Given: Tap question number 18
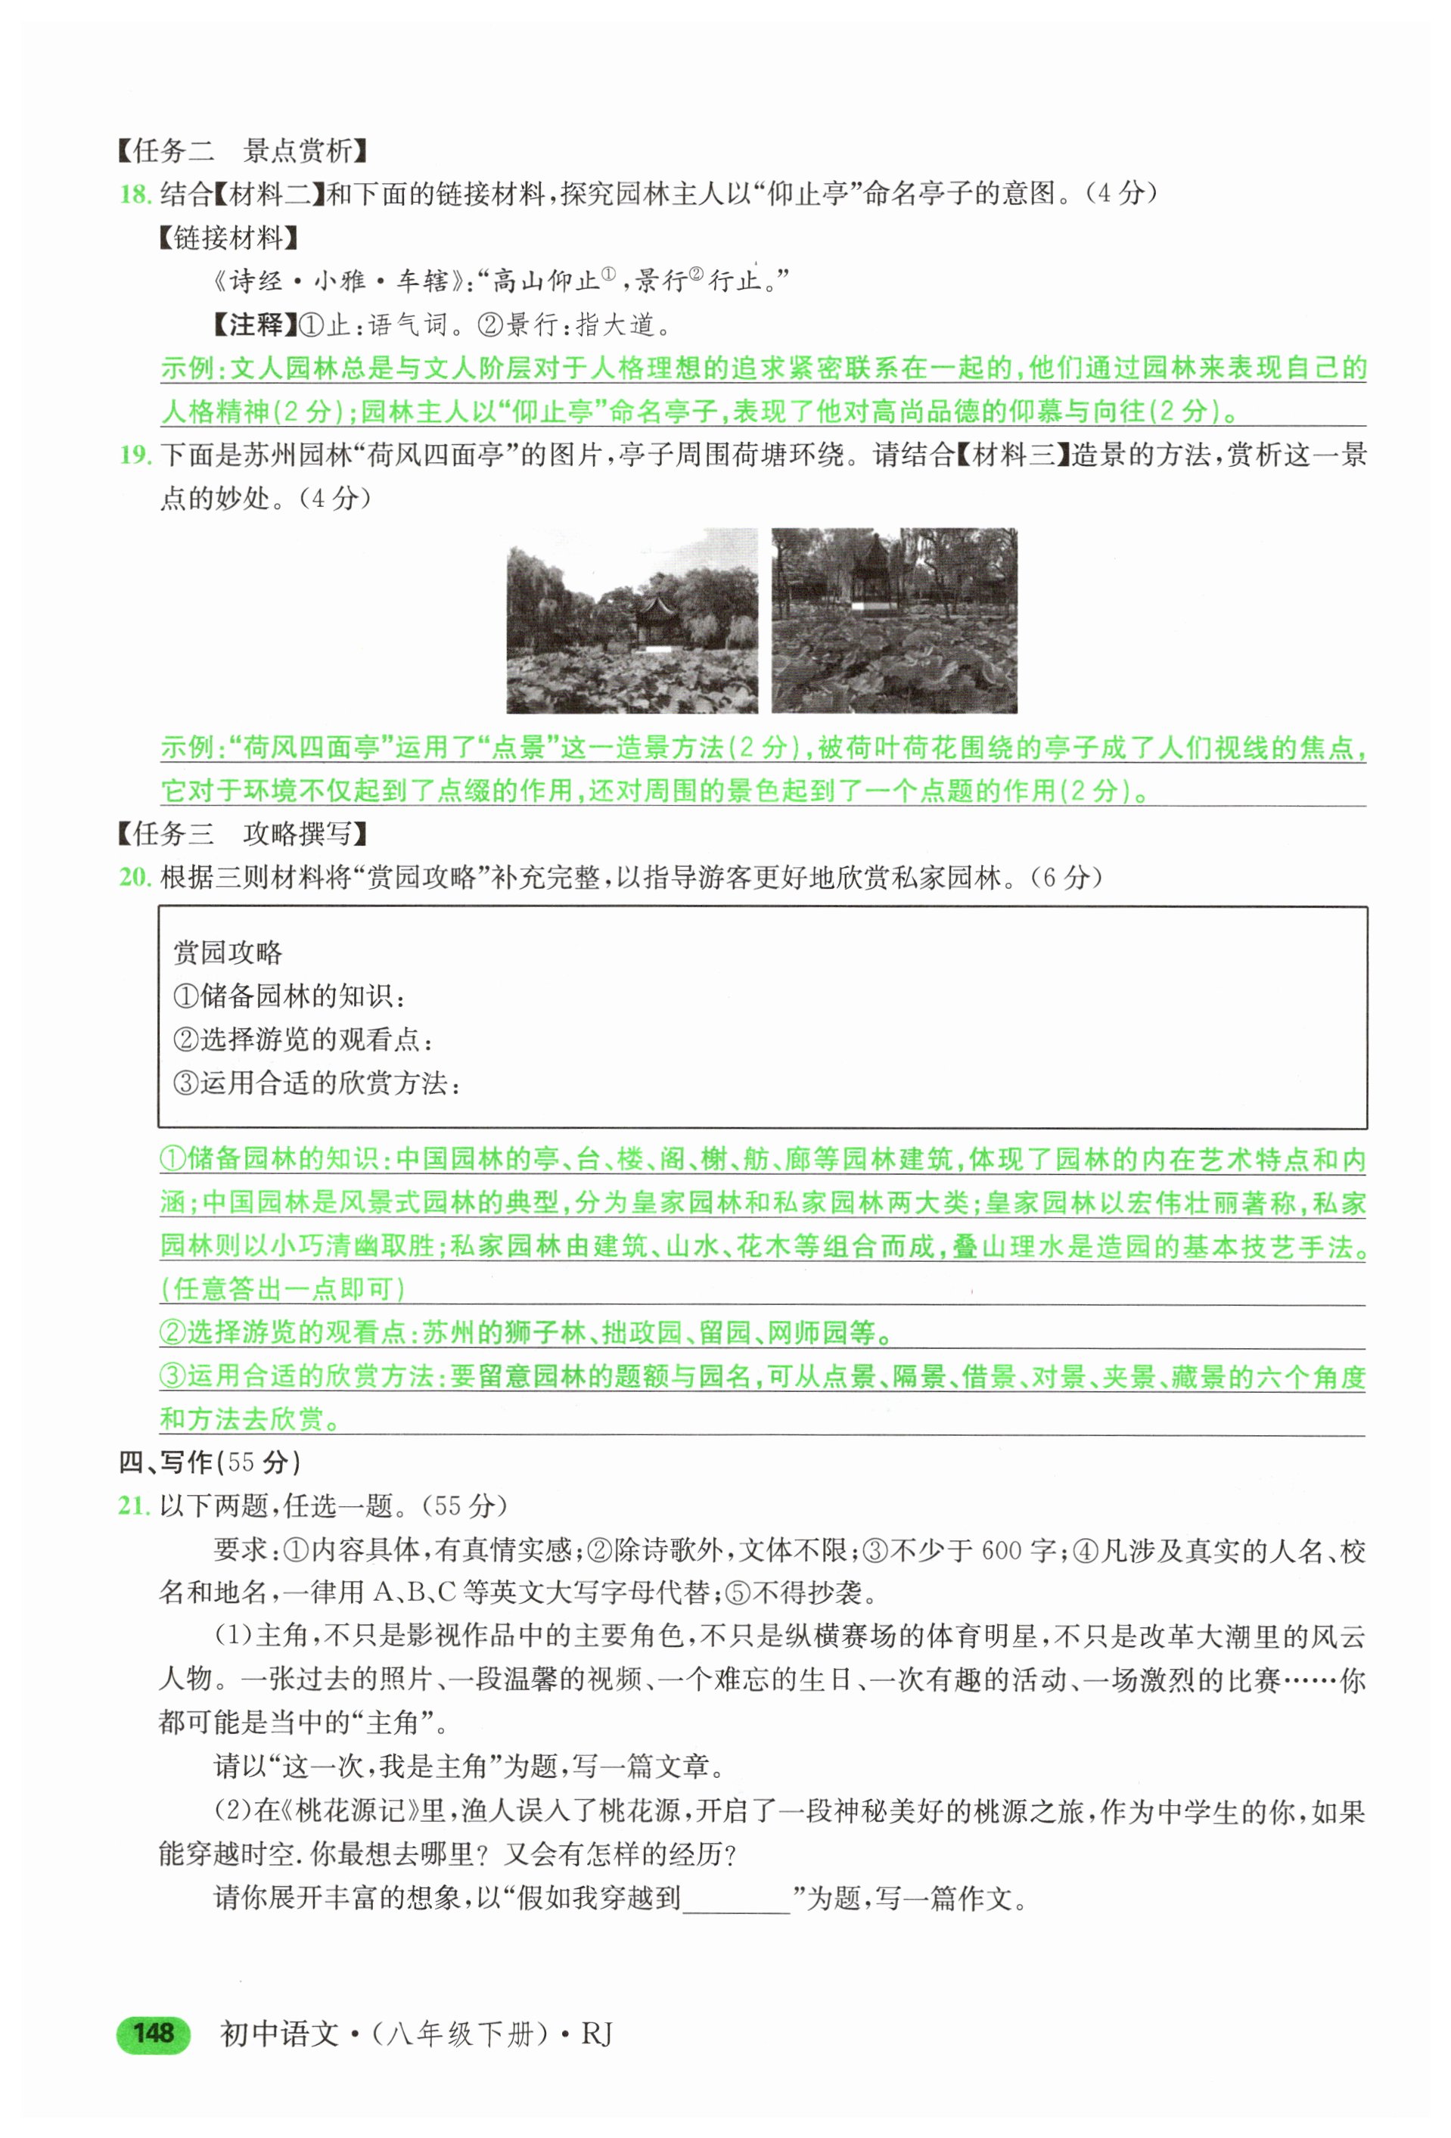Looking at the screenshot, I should click(135, 194).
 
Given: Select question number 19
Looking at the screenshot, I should click(135, 455).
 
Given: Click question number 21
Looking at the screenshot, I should click(135, 1506).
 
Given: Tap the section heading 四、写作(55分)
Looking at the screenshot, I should click(210, 1462).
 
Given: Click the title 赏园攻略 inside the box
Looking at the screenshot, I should click(228, 952).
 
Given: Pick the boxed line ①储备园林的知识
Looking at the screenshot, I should click(289, 996).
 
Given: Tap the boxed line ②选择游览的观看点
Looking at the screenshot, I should click(303, 1039).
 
